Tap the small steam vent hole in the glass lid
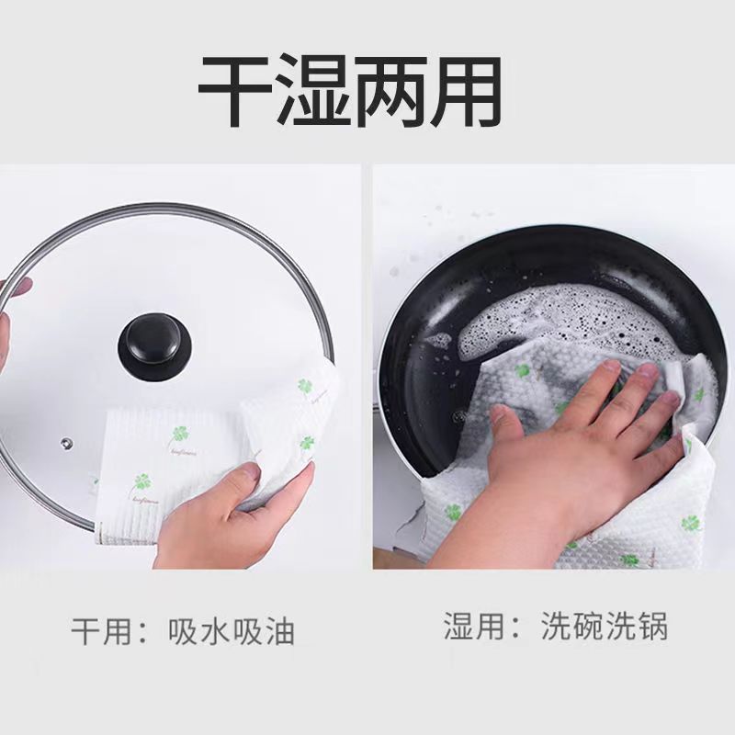pyautogui.click(x=65, y=444)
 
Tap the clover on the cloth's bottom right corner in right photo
pyautogui.click(x=690, y=524)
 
